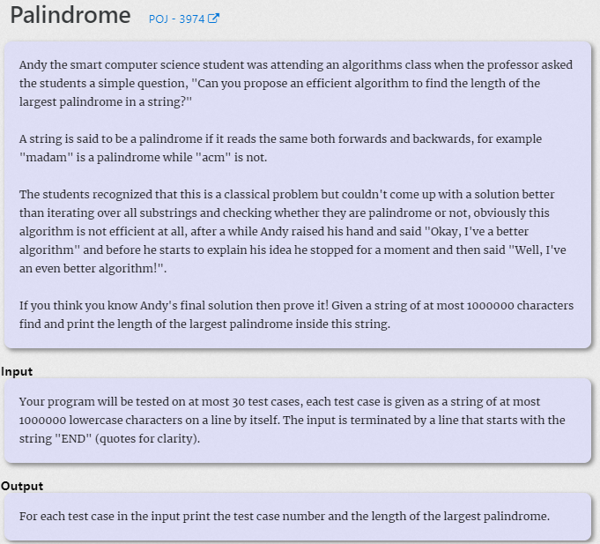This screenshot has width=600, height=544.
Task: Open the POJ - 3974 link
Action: [x=177, y=19]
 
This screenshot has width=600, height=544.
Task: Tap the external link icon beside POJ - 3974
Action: [x=213, y=19]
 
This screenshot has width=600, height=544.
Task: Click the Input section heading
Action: [x=17, y=371]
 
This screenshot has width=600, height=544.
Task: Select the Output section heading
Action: [x=22, y=486]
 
